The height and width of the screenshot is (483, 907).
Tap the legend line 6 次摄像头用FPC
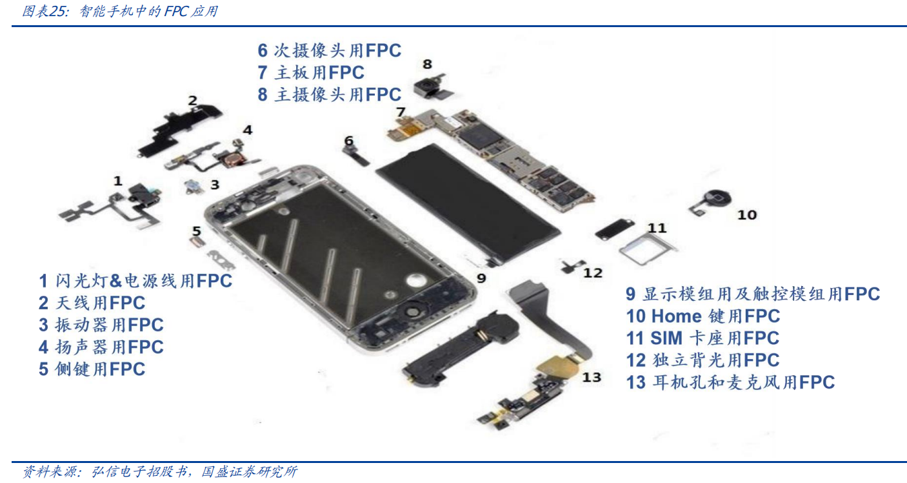pyautogui.click(x=330, y=50)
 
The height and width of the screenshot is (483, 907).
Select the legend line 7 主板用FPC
pyautogui.click(x=311, y=72)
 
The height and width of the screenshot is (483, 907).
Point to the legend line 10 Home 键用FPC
pyautogui.click(x=703, y=316)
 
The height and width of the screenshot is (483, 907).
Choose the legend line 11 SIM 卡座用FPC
pyautogui.click(x=703, y=338)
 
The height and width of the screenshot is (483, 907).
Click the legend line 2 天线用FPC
pyautogui.click(x=92, y=303)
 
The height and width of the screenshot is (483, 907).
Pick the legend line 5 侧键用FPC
pyautogui.click(x=92, y=369)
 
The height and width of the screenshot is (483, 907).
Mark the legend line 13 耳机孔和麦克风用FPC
pyautogui.click(x=730, y=382)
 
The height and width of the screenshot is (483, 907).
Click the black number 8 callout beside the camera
pyautogui.click(x=427, y=64)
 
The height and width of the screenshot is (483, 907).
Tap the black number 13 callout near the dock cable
pyautogui.click(x=592, y=377)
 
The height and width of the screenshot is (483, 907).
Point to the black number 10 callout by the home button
pyautogui.click(x=747, y=215)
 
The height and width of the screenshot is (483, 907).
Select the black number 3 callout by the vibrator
pyautogui.click(x=215, y=185)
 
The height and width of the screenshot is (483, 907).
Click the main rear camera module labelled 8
pyautogui.click(x=432, y=87)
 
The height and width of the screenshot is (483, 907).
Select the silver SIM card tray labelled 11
pyautogui.click(x=648, y=249)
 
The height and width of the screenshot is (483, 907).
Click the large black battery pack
pyautogui.click(x=468, y=205)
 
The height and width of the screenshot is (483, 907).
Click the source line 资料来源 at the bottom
pyautogui.click(x=159, y=471)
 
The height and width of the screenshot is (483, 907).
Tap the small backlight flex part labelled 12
pyautogui.click(x=572, y=265)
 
